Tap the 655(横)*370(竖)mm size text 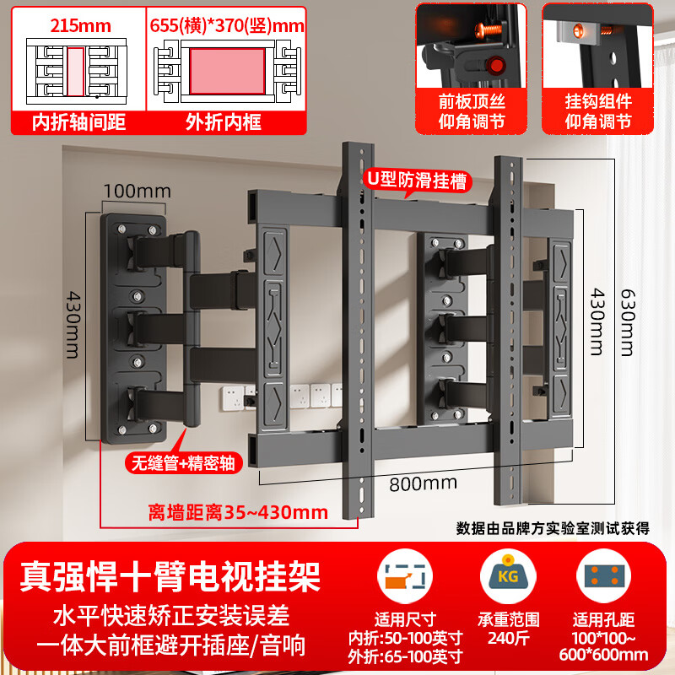pyautogui.click(x=226, y=24)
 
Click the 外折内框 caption pyautogui.click(x=223, y=121)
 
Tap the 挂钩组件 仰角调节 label pyautogui.click(x=597, y=111)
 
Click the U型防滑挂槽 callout pyautogui.click(x=416, y=180)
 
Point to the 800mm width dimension pyautogui.click(x=423, y=483)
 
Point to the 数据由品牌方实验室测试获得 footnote pyautogui.click(x=553, y=528)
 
